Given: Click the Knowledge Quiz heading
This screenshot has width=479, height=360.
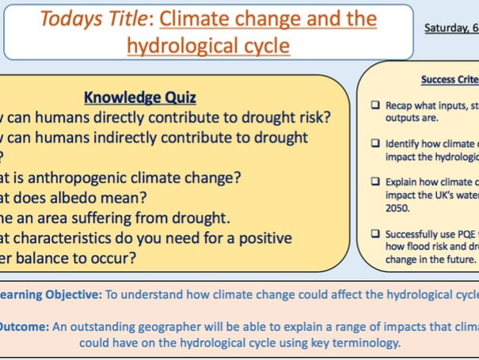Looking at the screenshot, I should (140, 98).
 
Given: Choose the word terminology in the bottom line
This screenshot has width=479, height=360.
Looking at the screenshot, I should (367, 343).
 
